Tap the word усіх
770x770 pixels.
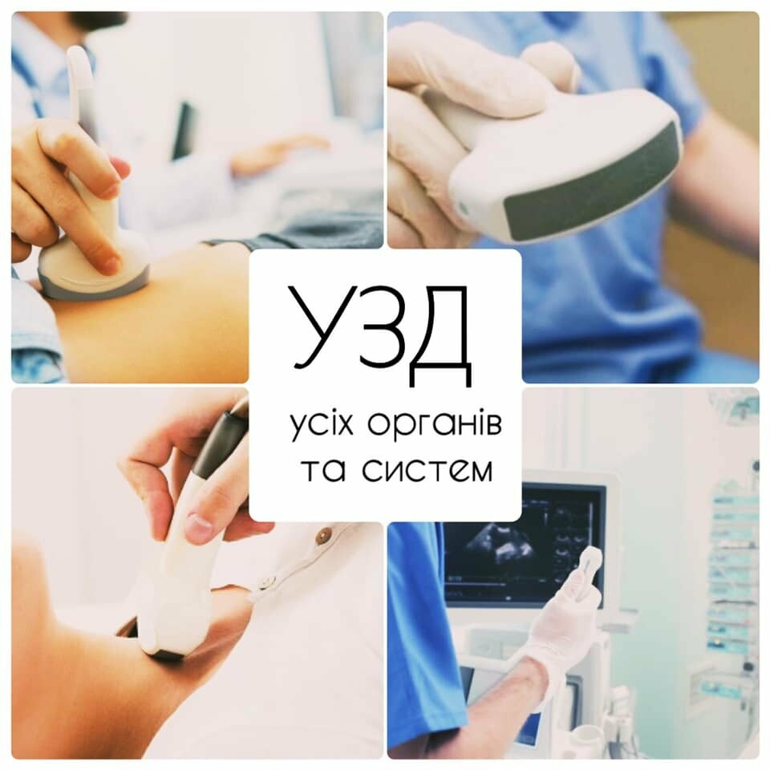click(322, 425)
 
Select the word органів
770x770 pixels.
click(435, 425)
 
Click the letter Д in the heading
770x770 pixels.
click(439, 336)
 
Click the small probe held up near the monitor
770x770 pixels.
click(588, 573)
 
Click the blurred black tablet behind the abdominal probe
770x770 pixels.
click(184, 131)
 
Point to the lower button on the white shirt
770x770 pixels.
click(265, 583)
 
